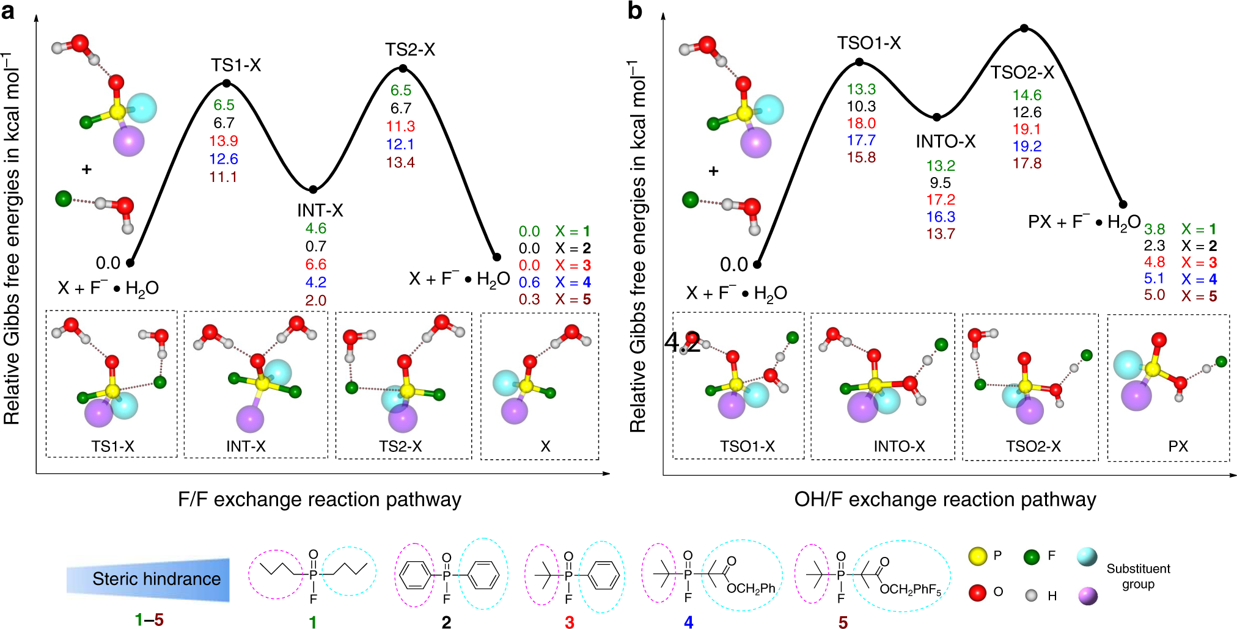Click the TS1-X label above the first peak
point(236,65)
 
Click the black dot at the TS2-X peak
point(403,68)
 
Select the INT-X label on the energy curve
point(320,211)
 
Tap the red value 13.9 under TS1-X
point(223,141)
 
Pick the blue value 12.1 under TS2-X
point(400,145)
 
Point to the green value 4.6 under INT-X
point(316,228)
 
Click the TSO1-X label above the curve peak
point(868,43)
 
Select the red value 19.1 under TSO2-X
point(1027,129)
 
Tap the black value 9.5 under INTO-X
point(940,183)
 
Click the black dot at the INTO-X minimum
point(937,117)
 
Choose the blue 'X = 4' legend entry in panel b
point(1198,279)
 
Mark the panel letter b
point(635,11)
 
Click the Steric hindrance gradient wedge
point(149,579)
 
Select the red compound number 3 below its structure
point(570,622)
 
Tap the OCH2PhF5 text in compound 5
point(910,590)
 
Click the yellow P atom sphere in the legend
point(978,556)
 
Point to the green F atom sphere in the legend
point(1032,556)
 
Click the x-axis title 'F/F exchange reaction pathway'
point(319,500)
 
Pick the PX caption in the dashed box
point(1178,446)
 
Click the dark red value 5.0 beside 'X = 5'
point(1154,296)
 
